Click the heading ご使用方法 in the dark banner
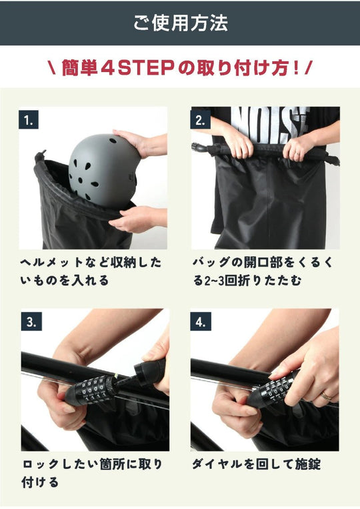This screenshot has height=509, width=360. [180, 23]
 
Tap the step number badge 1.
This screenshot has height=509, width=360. [29, 120]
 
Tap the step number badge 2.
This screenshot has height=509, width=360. [201, 120]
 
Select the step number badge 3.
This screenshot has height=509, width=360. [31, 322]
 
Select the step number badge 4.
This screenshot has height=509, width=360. [201, 322]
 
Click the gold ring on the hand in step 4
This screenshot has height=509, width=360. [326, 396]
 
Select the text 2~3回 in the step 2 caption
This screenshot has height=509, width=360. [221, 280]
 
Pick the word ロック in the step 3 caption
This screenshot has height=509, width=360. [41, 464]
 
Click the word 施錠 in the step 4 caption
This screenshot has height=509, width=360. [308, 464]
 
